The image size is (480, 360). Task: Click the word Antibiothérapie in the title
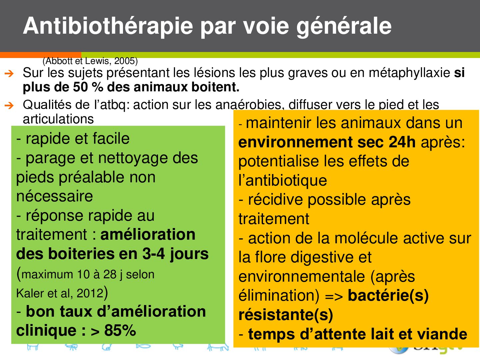(108, 26)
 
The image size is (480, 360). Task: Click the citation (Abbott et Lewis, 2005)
(90, 61)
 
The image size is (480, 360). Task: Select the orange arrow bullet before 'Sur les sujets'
(9, 74)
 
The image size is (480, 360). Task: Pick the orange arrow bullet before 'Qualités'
(9, 106)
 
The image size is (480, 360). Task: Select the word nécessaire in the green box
(54, 196)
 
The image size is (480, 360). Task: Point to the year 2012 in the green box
(90, 293)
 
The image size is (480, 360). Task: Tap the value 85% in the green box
(120, 330)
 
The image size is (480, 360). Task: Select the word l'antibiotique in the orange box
(283, 181)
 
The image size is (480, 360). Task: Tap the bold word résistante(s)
(286, 315)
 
